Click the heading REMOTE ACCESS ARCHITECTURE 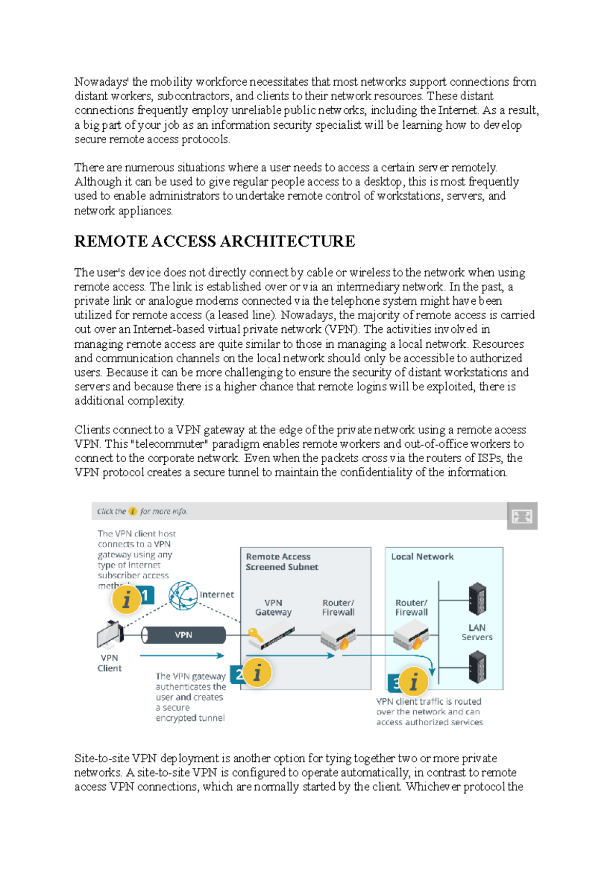(x=215, y=241)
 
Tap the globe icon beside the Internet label (x=183, y=596)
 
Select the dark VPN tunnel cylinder (x=184, y=635)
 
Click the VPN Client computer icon (x=110, y=635)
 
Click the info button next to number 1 (x=126, y=599)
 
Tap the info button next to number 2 (x=257, y=672)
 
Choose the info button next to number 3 (x=414, y=682)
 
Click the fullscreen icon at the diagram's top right (x=522, y=516)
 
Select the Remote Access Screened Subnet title (x=281, y=562)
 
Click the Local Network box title (x=422, y=557)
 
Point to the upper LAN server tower (x=477, y=599)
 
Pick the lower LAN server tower (x=477, y=667)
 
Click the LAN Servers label (x=477, y=632)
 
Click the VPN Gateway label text (x=273, y=607)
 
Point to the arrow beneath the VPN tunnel (x=182, y=656)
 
